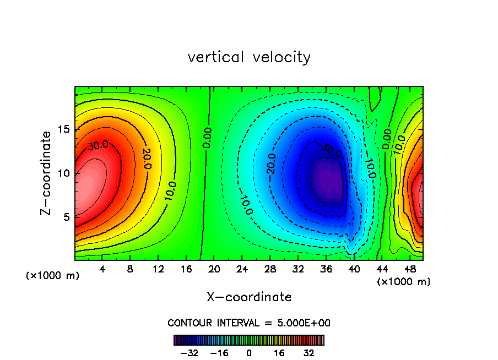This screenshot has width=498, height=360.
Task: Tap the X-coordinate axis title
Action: pos(249,297)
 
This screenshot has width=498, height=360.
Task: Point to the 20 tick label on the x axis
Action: pos(214,269)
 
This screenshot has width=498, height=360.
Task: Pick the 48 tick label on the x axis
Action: pos(409,269)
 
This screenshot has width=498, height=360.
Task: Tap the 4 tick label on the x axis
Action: pos(102,269)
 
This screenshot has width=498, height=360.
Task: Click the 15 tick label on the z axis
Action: pos(64,129)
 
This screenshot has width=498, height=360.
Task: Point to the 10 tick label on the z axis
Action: pos(64,173)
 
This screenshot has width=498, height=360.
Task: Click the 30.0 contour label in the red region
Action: pos(98,146)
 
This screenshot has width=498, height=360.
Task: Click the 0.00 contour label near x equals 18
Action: pos(207,138)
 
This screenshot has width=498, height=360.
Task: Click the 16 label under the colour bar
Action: pos(280,353)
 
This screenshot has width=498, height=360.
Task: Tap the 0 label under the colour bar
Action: pos(249,353)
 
